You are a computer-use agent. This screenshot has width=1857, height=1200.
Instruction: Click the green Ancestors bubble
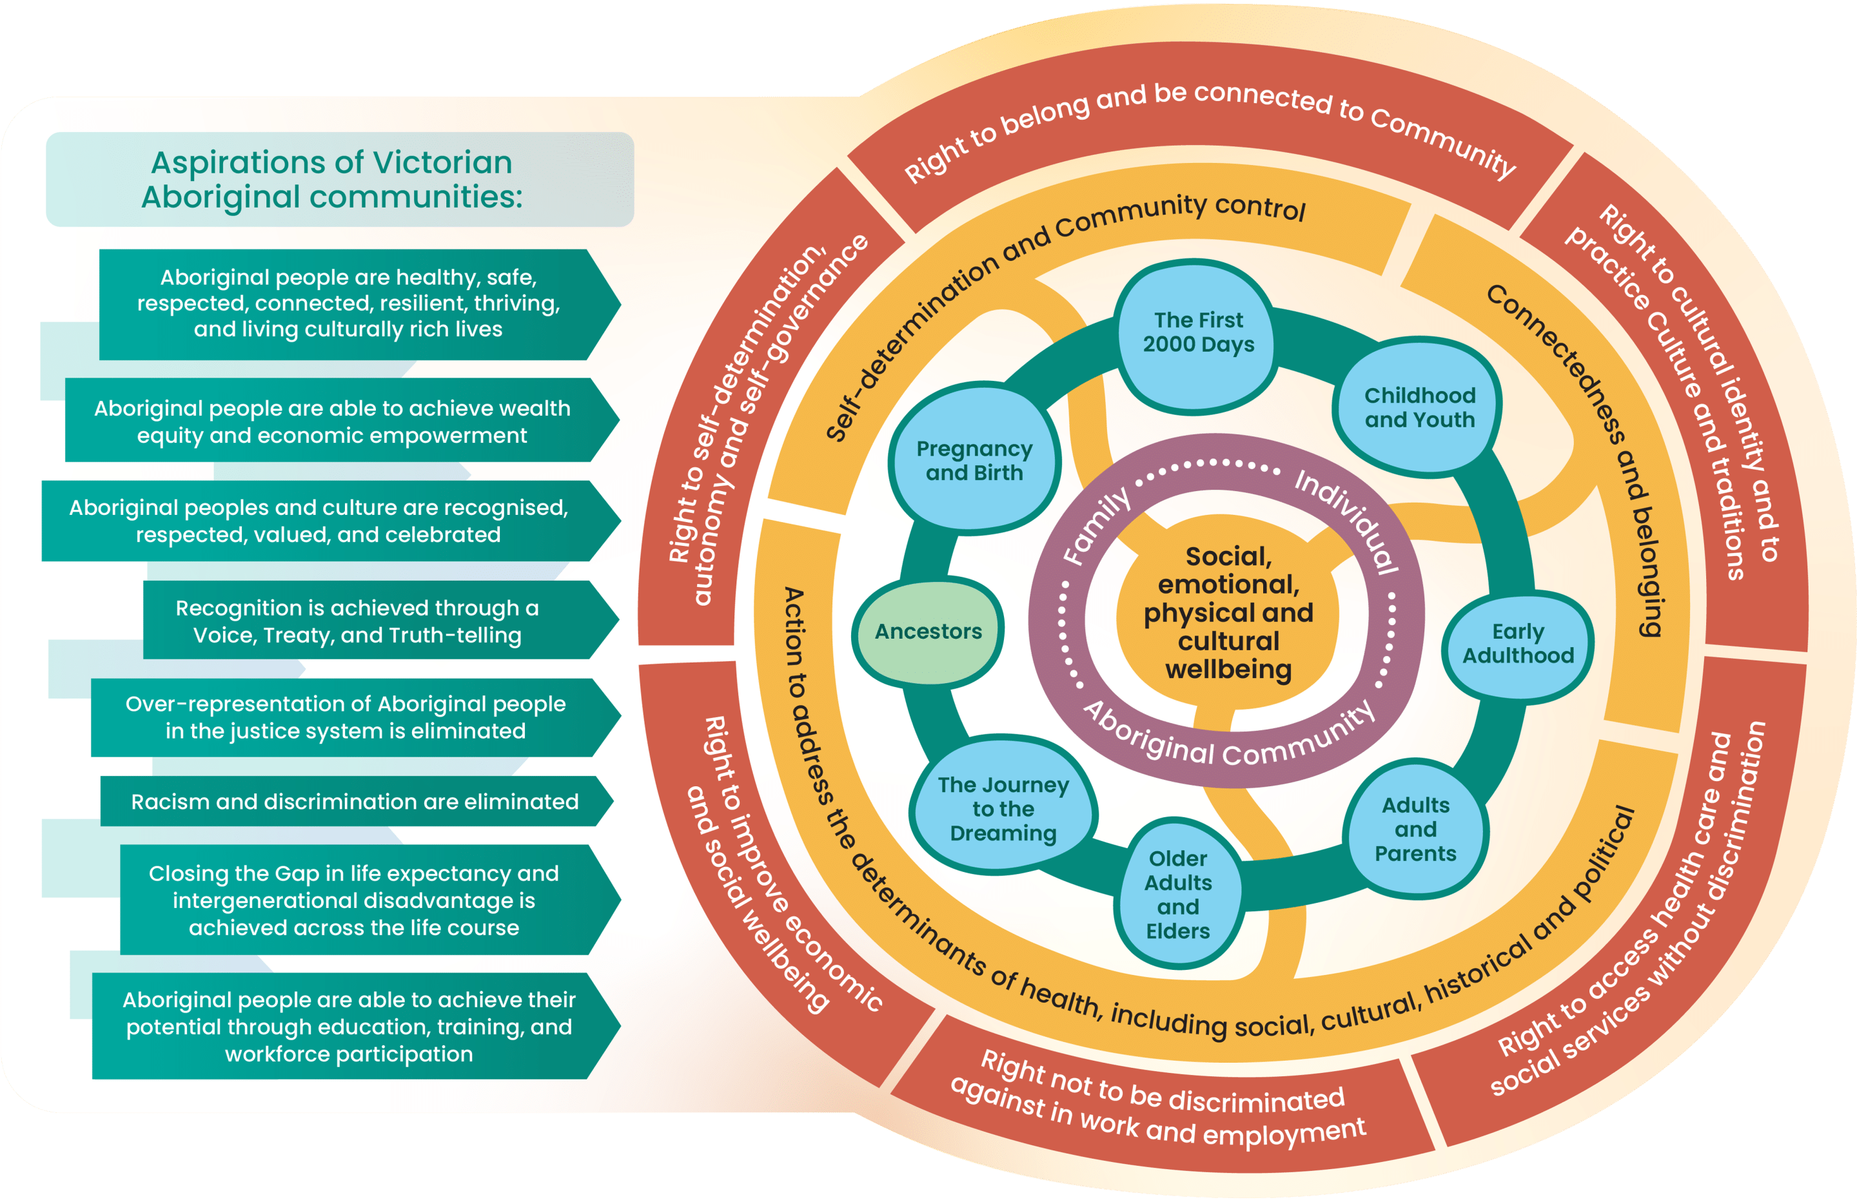click(928, 631)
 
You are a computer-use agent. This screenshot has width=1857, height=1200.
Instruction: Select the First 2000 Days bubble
click(1198, 333)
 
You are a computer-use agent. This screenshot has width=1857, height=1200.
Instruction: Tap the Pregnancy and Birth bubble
click(974, 461)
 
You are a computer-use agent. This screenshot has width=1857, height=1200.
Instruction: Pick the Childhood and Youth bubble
click(1419, 407)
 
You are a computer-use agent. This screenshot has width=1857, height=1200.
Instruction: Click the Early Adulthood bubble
click(1517, 644)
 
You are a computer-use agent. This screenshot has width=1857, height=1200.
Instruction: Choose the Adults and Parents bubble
click(1415, 829)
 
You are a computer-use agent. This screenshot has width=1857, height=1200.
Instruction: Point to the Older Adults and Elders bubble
click(1177, 895)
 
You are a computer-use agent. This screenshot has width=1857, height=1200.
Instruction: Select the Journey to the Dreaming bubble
click(1003, 809)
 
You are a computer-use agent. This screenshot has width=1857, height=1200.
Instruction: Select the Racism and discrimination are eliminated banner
click(355, 802)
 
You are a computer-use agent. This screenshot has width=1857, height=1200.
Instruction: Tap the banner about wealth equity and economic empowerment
click(332, 421)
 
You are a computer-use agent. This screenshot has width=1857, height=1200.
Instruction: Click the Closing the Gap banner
click(354, 900)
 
